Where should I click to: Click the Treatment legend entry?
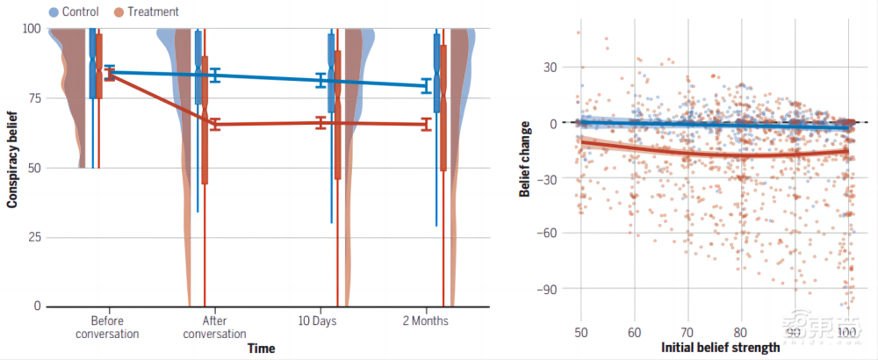tap(146, 12)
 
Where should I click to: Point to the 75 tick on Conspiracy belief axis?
tap(31, 98)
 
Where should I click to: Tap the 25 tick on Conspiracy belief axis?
tap(31, 237)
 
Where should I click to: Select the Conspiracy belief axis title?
tap(12, 166)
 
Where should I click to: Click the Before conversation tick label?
tap(107, 327)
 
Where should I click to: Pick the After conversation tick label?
tap(214, 327)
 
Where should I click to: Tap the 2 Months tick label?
tap(425, 320)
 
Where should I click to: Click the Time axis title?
tap(261, 349)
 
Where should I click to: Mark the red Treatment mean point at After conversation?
tap(214, 124)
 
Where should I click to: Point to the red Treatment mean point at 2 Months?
tap(427, 125)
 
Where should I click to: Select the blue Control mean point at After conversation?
tap(214, 76)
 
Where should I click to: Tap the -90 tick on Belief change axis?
tap(550, 289)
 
